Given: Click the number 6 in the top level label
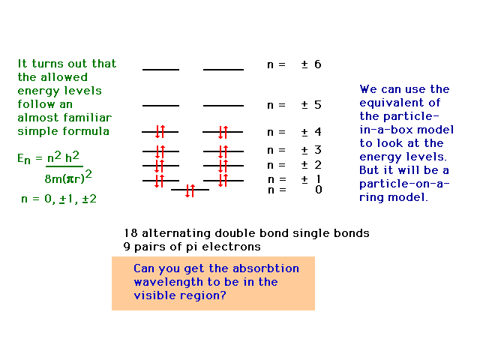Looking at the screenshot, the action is click(318, 64).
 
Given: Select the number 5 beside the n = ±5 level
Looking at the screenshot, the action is click(318, 105).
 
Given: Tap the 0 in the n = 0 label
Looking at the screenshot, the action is click(318, 190).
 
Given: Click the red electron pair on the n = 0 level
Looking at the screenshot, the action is click(190, 190).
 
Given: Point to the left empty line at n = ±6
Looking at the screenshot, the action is click(160, 70).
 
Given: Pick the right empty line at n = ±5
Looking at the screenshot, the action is click(223, 106).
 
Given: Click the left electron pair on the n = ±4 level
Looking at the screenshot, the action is click(160, 132).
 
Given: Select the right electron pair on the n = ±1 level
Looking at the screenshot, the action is click(223, 180).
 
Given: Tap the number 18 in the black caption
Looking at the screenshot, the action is click(130, 233).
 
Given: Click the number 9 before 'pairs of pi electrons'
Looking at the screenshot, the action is click(127, 247).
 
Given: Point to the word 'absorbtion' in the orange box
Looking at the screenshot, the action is click(265, 268).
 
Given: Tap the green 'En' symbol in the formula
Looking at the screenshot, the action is click(24, 159).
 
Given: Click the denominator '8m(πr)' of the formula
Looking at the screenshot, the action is click(64, 178).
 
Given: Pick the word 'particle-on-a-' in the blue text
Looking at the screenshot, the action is click(404, 184).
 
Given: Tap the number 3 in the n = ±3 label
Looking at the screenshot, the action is click(318, 150).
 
